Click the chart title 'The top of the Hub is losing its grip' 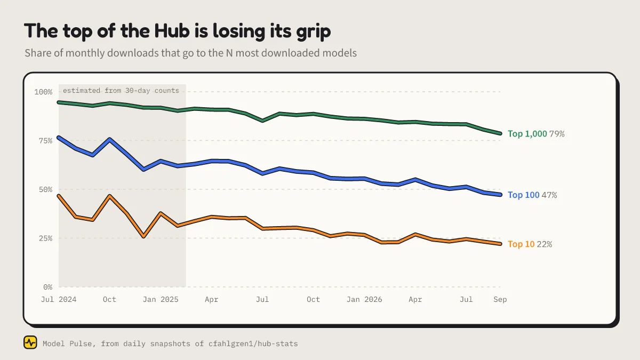(178, 31)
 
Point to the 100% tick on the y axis (43, 92)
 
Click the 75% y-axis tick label (46, 141)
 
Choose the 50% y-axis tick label (46, 189)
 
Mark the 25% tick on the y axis (46, 238)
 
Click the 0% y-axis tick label (48, 287)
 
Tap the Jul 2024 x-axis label (59, 299)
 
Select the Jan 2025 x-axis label (161, 299)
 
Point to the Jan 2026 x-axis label (364, 299)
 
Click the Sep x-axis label (500, 299)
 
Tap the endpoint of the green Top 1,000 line (500, 133)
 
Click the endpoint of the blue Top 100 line (500, 195)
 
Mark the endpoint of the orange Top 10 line (500, 244)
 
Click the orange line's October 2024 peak (110, 196)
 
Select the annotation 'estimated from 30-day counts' (121, 91)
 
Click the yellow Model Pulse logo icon (30, 342)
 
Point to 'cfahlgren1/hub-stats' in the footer (253, 343)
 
